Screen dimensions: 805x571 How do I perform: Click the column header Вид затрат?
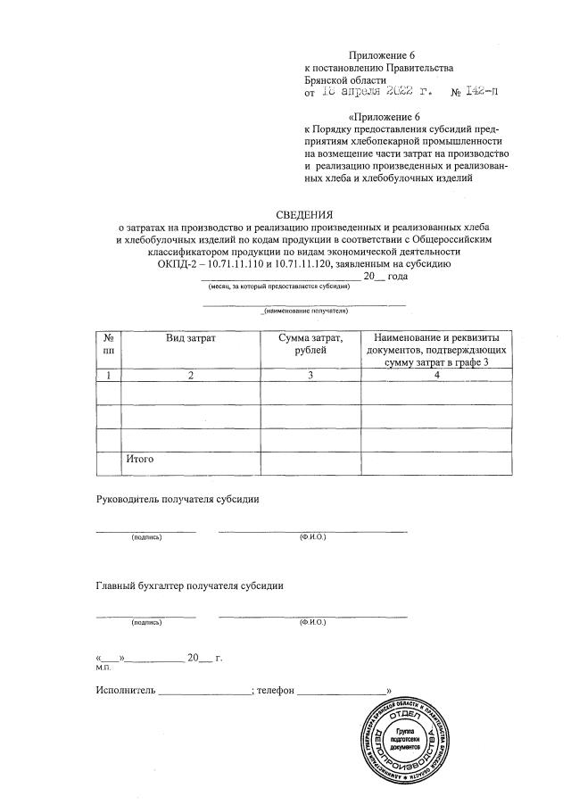click(190, 338)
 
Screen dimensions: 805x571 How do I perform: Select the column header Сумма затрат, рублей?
click(310, 344)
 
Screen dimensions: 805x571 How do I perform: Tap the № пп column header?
click(108, 344)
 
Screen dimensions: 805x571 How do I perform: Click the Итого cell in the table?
click(141, 459)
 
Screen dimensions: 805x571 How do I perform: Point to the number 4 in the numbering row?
click(436, 375)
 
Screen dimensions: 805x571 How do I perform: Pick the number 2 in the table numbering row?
click(190, 375)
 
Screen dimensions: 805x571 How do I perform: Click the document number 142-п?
click(478, 91)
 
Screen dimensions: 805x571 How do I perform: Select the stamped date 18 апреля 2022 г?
click(376, 91)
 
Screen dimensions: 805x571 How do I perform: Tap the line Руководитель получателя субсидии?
click(178, 499)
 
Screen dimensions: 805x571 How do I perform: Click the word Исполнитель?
click(126, 689)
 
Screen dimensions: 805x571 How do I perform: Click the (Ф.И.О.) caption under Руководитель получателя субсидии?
click(313, 537)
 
